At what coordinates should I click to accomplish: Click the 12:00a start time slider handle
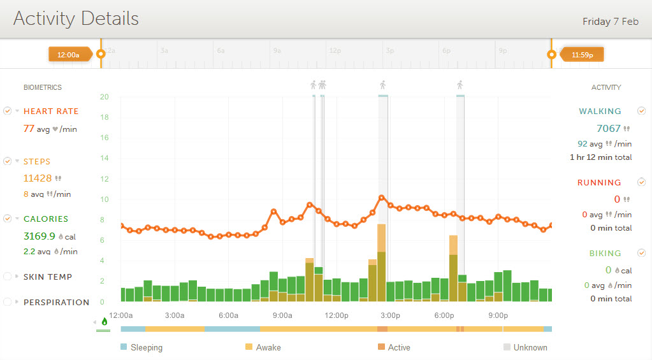point(100,55)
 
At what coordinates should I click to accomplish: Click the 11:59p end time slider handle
point(552,55)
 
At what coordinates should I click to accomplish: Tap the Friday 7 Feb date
point(610,22)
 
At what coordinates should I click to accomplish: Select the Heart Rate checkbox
point(8,111)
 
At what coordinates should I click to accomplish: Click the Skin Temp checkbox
point(8,277)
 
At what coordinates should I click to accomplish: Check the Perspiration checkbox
point(8,302)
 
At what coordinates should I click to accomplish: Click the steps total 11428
point(38,178)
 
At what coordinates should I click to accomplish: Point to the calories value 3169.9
point(39,236)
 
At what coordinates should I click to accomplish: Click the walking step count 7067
point(608,129)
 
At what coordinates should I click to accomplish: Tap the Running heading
point(599,183)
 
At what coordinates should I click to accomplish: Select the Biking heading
point(605,254)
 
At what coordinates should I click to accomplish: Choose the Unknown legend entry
point(525,348)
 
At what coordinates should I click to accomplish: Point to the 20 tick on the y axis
point(105,97)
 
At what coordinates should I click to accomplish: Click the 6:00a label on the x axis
point(229,315)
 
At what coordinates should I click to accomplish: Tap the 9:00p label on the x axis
point(498,315)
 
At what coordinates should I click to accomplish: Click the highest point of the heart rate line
point(382,198)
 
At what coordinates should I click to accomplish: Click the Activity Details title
point(76,18)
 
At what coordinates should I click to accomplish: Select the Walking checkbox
point(641,111)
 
